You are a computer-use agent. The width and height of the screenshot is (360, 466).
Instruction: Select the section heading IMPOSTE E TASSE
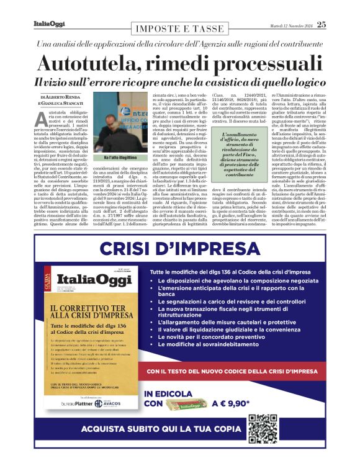pos(179,29)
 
